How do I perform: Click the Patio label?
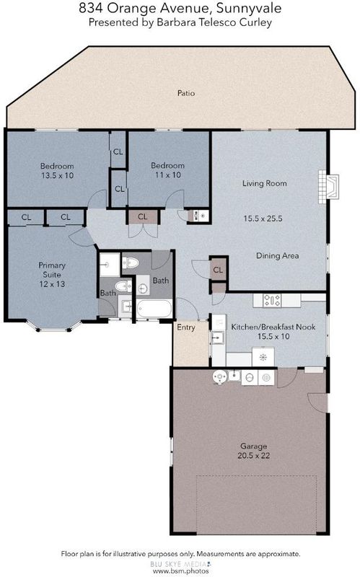(x=186, y=93)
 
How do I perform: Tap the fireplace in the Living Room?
(x=329, y=186)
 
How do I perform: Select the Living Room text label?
(x=264, y=183)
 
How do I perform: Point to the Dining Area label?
(x=277, y=256)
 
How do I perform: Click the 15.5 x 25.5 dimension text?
(x=263, y=219)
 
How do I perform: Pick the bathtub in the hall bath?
(x=154, y=309)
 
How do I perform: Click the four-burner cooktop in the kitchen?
(x=272, y=300)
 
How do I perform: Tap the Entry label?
(x=186, y=327)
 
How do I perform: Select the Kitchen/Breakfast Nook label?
(x=273, y=327)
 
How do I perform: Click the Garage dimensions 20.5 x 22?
(x=254, y=456)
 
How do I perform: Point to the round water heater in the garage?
(x=220, y=376)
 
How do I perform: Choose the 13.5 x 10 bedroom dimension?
(x=58, y=175)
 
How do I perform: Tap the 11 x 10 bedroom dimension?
(x=168, y=175)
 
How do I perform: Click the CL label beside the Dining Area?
(x=218, y=270)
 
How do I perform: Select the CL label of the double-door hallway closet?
(x=142, y=217)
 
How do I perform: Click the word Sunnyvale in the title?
(x=249, y=8)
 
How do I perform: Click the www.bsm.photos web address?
(x=181, y=571)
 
